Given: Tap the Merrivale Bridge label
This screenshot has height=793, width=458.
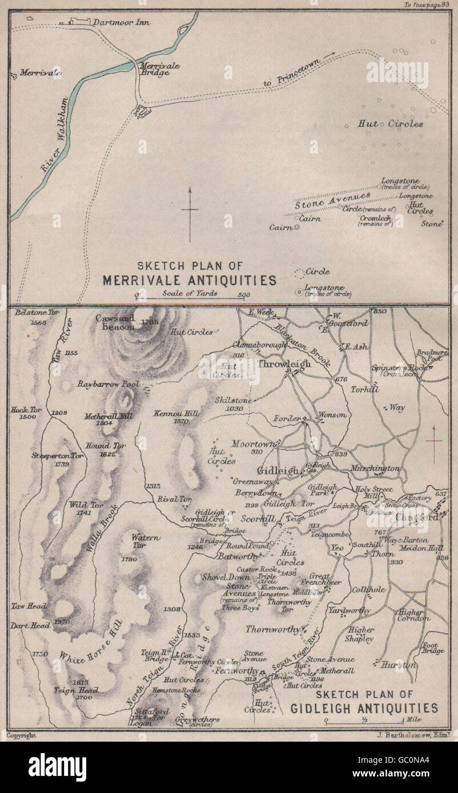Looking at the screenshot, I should click(x=160, y=69).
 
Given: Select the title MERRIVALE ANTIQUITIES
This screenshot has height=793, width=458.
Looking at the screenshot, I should click(x=189, y=280).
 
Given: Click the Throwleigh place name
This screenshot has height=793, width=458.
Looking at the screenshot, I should click(x=284, y=363).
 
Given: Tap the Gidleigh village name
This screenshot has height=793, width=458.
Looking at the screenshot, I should click(x=278, y=471).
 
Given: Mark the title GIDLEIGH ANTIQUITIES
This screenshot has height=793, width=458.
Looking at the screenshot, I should click(x=364, y=709).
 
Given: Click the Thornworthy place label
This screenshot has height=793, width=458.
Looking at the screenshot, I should click(x=273, y=629).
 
